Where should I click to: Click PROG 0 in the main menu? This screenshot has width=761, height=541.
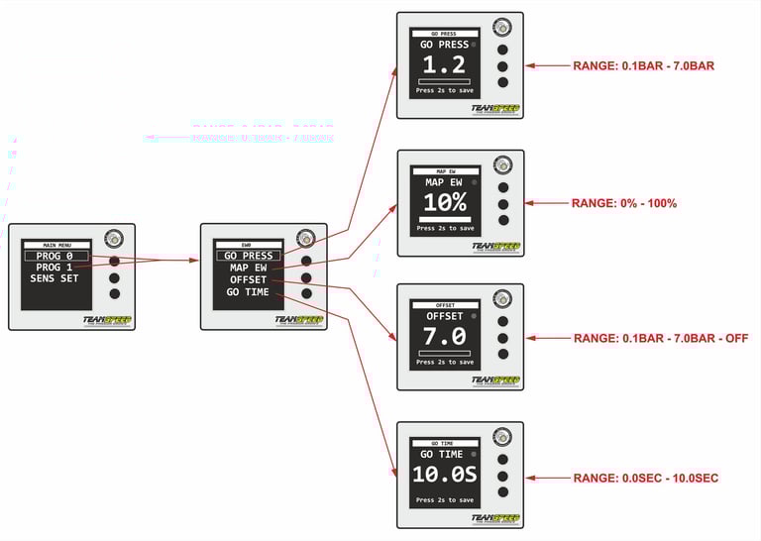55,256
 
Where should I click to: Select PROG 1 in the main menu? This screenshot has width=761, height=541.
55,268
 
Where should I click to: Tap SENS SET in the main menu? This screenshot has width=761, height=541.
55,279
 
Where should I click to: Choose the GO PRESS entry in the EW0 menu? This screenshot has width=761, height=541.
249,256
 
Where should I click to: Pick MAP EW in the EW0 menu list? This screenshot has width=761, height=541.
249,268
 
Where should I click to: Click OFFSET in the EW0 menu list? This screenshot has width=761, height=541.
249,279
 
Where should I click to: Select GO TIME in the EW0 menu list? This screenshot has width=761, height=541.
249,292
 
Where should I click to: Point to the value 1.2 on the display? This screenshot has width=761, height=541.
445,65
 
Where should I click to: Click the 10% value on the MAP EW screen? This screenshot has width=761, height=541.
445,203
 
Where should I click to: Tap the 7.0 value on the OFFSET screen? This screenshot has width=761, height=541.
445,336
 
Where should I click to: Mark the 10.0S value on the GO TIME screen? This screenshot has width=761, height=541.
445,474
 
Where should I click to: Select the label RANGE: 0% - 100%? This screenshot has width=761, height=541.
624,203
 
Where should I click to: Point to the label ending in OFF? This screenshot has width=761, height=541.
660,338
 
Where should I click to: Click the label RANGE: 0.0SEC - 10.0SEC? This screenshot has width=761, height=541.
645,479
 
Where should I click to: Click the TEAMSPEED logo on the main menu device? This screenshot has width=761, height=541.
108,320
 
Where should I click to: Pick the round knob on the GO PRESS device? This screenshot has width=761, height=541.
502,28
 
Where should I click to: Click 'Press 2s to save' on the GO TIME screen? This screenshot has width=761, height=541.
445,499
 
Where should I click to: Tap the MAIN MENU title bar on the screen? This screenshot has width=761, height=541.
55,244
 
